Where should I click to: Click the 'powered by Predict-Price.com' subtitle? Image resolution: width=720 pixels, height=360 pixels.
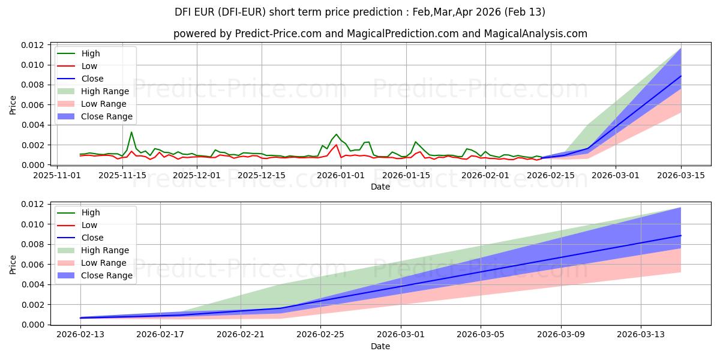[380, 34]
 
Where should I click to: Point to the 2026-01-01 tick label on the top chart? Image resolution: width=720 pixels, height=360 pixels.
[341, 176]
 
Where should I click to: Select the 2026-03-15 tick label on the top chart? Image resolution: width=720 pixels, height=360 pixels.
[681, 176]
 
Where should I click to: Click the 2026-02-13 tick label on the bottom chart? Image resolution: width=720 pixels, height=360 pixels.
[80, 335]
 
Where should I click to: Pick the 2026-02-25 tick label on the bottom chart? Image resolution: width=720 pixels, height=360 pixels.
[320, 335]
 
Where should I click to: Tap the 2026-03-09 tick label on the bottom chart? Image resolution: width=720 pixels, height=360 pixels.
[561, 335]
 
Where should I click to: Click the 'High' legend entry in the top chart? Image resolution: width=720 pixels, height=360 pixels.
[91, 53]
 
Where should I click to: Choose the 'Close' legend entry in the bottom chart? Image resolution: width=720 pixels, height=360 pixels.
[92, 238]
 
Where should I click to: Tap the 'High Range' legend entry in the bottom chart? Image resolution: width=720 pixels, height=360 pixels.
[105, 250]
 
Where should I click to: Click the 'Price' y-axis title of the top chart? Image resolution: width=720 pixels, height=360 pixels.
[13, 105]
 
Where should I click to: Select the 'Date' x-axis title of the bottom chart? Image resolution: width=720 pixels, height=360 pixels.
[380, 346]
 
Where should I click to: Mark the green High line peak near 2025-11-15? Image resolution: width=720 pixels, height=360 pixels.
[131, 132]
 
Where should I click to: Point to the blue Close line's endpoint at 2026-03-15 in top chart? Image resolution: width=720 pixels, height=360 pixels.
[681, 76]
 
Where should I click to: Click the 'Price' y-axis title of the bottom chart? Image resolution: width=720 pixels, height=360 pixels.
[13, 265]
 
